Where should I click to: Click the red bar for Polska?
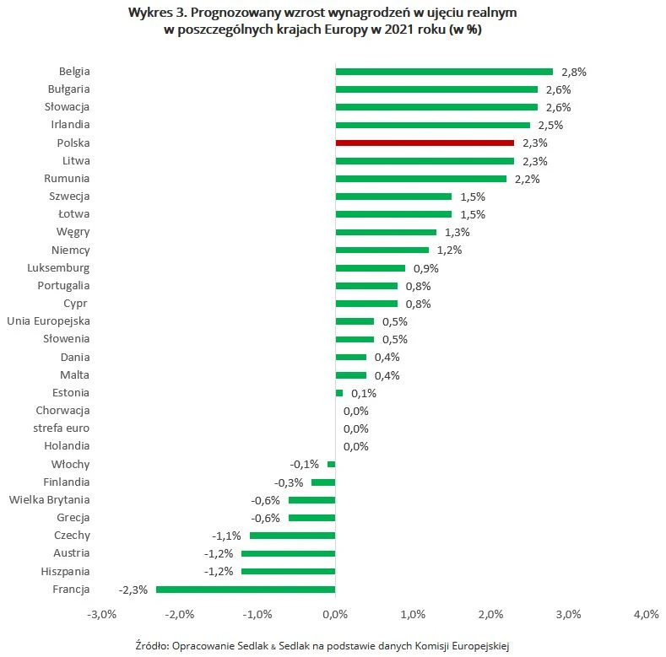pyautogui.click(x=425, y=143)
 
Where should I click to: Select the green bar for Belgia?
pyautogui.click(x=444, y=72)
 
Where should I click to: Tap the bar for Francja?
pyautogui.click(x=246, y=590)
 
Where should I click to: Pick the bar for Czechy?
pyautogui.click(x=292, y=536)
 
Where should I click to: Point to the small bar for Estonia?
pyautogui.click(x=339, y=393)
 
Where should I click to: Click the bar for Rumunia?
pyautogui.click(x=420, y=179)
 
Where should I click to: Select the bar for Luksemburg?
pyautogui.click(x=370, y=268)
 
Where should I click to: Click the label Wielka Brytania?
pyautogui.click(x=49, y=500)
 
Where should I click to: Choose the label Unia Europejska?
pyautogui.click(x=48, y=321)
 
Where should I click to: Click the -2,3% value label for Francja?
pyautogui.click(x=133, y=590)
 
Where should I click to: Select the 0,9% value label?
pyautogui.click(x=425, y=269)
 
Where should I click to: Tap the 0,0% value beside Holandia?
pyautogui.click(x=356, y=447)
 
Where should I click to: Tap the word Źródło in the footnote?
pyautogui.click(x=151, y=645)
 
